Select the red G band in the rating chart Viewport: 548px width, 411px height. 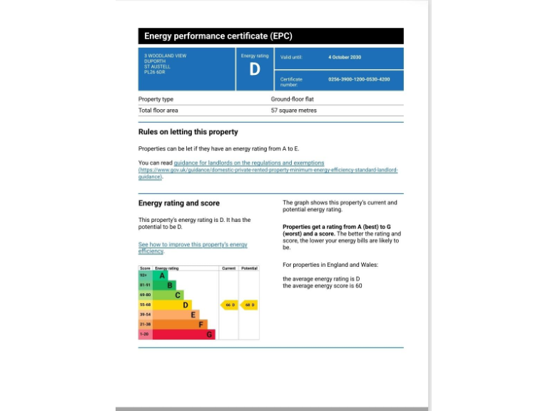pyautogui.click(x=182, y=334)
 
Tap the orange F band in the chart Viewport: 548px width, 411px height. pyautogui.click(x=178, y=324)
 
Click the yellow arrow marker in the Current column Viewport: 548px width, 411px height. pyautogui.click(x=229, y=305)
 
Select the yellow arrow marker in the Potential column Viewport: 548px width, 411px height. pyautogui.click(x=249, y=305)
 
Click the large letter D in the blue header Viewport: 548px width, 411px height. pyautogui.click(x=255, y=70)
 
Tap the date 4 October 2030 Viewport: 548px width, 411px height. pyautogui.click(x=345, y=57)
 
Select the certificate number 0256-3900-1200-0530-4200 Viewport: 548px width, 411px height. pyautogui.click(x=359, y=79)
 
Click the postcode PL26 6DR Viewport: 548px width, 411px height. pyautogui.click(x=155, y=72)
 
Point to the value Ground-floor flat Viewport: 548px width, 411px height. pyautogui.click(x=292, y=99)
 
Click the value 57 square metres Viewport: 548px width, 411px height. pyautogui.click(x=293, y=111)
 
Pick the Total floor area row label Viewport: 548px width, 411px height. pyautogui.click(x=158, y=111)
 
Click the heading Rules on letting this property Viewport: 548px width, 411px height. pyautogui.click(x=188, y=132)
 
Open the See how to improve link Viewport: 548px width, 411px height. pyautogui.click(x=193, y=245)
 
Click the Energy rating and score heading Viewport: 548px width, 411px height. pyautogui.click(x=179, y=203)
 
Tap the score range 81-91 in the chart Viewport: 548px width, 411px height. pyautogui.click(x=145, y=285)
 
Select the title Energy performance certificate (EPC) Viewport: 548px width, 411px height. pyautogui.click(x=218, y=36)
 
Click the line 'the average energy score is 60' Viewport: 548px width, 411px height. pyautogui.click(x=323, y=285)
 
